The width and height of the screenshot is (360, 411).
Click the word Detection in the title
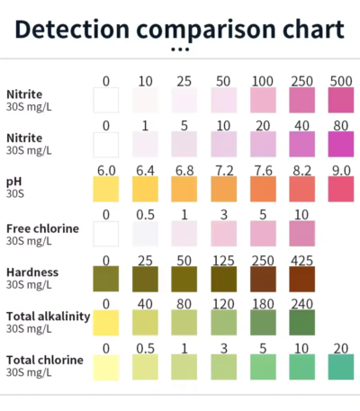click(72, 29)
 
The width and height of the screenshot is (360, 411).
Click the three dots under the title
click(180, 49)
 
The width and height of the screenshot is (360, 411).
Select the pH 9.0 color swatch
click(341, 189)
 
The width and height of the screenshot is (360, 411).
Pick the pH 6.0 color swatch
click(106, 189)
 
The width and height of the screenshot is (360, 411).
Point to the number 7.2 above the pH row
click(224, 171)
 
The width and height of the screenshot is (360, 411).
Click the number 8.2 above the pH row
click(301, 171)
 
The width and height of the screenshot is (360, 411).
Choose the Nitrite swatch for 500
click(341, 100)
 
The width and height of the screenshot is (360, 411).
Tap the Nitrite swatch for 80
click(341, 145)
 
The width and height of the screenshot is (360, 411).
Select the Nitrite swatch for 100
click(263, 100)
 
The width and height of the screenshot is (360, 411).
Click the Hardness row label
click(32, 273)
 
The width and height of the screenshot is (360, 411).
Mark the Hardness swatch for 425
click(302, 279)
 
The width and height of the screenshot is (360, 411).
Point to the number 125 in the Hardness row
click(223, 261)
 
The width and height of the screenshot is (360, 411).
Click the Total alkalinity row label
click(49, 317)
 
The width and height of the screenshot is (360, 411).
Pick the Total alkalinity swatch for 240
click(302, 323)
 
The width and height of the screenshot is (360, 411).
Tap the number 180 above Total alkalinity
click(263, 304)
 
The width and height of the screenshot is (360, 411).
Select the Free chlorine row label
click(42, 228)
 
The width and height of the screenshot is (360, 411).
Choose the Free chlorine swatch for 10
click(302, 234)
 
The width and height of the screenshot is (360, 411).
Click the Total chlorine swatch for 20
click(341, 367)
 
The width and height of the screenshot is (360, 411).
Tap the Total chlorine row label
click(45, 360)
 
